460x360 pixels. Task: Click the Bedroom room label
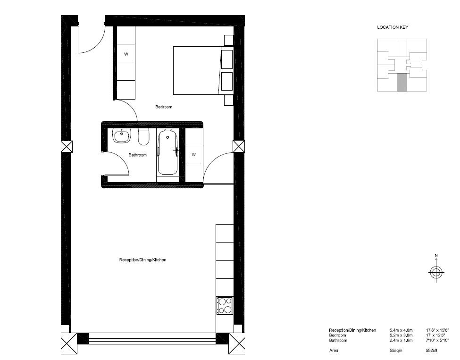[164, 107]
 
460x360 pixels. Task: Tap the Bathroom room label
[138, 155]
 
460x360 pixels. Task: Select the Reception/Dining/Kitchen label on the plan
[142, 260]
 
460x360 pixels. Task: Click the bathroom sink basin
[122, 136]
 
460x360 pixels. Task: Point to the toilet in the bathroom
[144, 137]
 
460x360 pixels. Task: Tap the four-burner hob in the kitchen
[225, 305]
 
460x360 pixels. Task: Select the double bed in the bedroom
[197, 70]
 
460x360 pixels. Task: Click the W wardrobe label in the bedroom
[126, 54]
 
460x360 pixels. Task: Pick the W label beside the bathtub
[193, 154]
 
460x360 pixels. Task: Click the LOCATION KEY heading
[393, 27]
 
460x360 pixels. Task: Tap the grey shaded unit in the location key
[401, 82]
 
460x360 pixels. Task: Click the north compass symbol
[436, 271]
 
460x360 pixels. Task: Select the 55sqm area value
[395, 351]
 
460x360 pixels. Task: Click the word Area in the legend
[334, 351]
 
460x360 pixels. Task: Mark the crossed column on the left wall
[67, 146]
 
